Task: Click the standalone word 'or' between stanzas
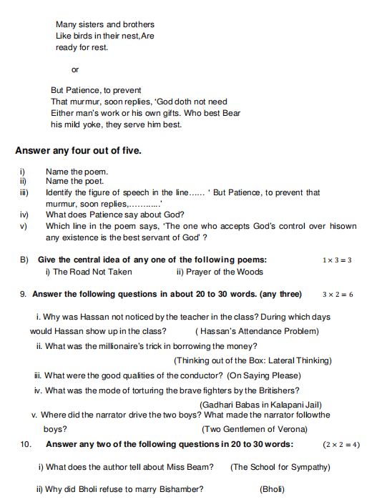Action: click(x=75, y=69)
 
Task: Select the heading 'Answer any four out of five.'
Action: click(x=78, y=151)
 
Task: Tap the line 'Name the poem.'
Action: click(x=77, y=172)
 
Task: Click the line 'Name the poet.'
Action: click(x=74, y=182)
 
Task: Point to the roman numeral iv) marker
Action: click(x=24, y=215)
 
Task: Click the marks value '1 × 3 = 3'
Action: click(x=337, y=260)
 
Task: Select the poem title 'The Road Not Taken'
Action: click(x=92, y=272)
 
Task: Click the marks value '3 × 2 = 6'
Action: click(x=337, y=295)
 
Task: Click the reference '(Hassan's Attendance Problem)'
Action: click(x=257, y=332)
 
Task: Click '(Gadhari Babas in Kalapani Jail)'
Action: click(x=253, y=404)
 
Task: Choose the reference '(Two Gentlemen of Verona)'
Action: click(x=255, y=429)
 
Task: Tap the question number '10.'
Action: click(x=26, y=444)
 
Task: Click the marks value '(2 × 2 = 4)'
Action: click(x=341, y=445)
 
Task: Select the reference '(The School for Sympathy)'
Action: click(x=280, y=467)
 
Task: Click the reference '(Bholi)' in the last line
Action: click(x=271, y=489)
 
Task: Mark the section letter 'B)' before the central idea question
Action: click(x=24, y=260)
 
